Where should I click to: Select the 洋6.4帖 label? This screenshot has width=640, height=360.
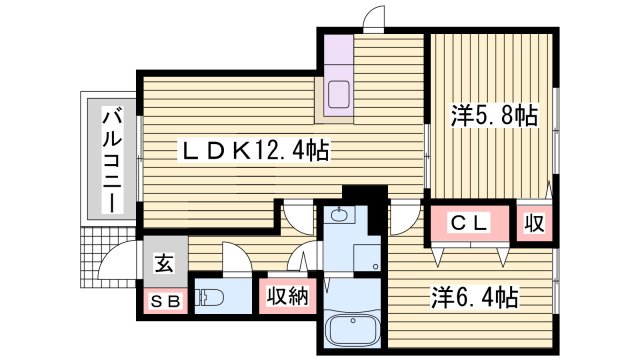tap(474, 297)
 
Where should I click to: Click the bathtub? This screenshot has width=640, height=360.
tap(354, 330)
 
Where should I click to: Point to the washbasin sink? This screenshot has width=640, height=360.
tap(341, 215)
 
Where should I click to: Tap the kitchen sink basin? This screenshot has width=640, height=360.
tap(337, 95)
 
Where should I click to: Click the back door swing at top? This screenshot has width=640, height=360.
tap(373, 17)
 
